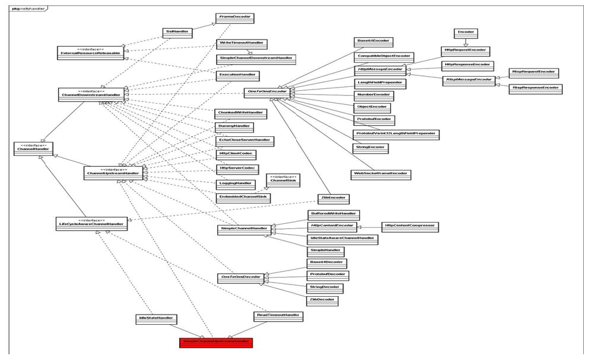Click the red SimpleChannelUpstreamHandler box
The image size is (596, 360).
click(x=216, y=342)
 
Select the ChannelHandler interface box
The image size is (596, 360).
click(x=33, y=148)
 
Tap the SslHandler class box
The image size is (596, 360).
click(x=177, y=33)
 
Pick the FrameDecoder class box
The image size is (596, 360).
click(x=235, y=19)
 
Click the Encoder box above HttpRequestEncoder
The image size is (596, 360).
click(x=466, y=33)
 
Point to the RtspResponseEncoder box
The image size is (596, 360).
click(x=535, y=89)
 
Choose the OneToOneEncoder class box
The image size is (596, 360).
click(x=267, y=93)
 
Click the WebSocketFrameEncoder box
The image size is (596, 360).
click(x=380, y=174)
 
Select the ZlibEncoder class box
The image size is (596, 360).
click(x=333, y=198)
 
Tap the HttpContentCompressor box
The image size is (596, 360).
click(x=410, y=226)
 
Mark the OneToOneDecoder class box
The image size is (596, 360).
click(x=241, y=278)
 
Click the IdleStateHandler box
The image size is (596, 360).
click(x=156, y=318)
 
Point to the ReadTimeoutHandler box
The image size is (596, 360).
click(x=278, y=316)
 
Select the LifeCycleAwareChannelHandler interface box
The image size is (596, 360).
click(x=91, y=224)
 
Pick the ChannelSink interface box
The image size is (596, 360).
click(x=283, y=180)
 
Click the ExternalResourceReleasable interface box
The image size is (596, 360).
click(x=90, y=52)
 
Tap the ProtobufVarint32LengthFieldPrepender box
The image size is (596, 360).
click(x=396, y=134)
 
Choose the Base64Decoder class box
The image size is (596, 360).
click(x=327, y=262)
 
